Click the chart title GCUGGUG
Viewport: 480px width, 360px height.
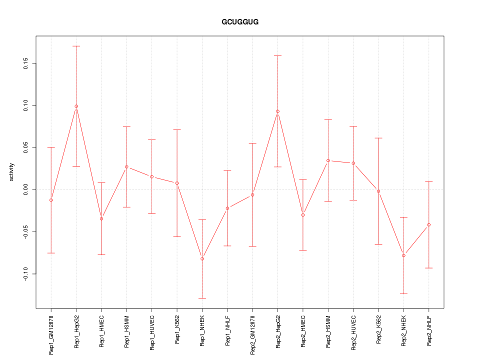[240, 22]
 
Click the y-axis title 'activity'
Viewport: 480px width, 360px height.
[12, 172]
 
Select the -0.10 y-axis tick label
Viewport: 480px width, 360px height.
[26, 274]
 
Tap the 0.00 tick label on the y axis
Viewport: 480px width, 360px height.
[26, 189]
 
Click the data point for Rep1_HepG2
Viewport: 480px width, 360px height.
[76, 106]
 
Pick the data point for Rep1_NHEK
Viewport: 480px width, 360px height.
[202, 258]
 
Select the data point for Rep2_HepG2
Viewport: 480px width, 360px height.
[277, 111]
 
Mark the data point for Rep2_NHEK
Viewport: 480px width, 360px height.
[403, 255]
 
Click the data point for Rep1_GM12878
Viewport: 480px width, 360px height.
[51, 200]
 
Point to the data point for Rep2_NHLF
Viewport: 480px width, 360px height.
[428, 224]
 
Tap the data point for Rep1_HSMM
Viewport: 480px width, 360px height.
[126, 166]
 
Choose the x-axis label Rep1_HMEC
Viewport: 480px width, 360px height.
[101, 331]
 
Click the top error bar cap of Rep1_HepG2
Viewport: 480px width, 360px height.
[76, 46]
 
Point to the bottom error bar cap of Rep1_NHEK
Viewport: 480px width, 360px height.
[202, 298]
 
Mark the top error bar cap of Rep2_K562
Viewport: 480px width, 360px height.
[378, 138]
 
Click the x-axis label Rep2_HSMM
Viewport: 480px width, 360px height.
[328, 331]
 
